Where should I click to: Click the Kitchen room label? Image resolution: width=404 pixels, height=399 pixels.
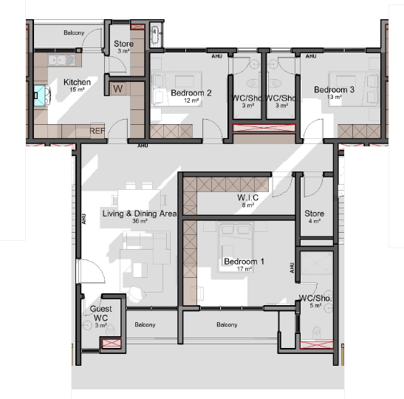(77, 82)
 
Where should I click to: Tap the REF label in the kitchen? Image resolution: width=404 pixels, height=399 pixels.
(97, 131)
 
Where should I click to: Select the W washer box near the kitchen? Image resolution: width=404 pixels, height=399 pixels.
(118, 89)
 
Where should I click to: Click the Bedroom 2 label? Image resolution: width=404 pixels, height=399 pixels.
(191, 93)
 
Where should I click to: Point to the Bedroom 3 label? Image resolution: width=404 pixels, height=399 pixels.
(334, 89)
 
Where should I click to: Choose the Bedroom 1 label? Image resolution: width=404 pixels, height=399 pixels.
(244, 262)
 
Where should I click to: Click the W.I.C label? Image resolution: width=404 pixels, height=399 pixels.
(248, 198)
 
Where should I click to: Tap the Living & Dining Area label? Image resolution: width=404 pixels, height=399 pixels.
(140, 214)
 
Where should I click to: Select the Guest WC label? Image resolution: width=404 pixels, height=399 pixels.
(100, 313)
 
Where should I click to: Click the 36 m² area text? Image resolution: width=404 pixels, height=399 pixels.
(140, 221)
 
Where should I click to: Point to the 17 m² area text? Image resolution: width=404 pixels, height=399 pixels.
(244, 269)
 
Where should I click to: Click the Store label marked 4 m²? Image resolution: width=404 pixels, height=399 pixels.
(315, 214)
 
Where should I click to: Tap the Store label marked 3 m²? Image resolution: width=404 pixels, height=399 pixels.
(123, 44)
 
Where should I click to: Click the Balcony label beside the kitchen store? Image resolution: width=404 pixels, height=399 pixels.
(74, 33)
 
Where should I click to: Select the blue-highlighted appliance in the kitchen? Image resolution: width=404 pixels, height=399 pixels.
(40, 95)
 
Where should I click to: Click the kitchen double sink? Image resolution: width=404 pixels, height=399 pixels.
(61, 61)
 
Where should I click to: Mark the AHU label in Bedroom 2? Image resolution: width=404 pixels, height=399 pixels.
(216, 56)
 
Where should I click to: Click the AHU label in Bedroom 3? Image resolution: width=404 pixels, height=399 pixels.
(311, 56)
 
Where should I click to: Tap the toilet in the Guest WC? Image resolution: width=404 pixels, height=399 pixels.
(111, 329)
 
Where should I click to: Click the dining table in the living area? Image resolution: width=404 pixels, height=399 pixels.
(139, 200)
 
